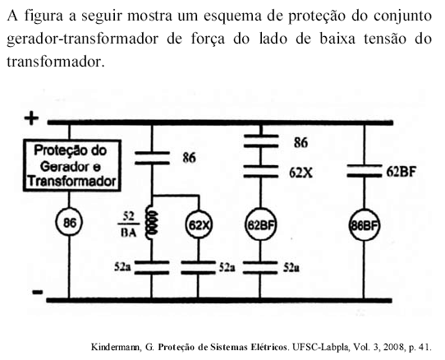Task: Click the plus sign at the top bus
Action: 31,118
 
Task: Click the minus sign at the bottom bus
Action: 38,292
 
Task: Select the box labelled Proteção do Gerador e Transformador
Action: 72,165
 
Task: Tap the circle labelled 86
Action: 69,223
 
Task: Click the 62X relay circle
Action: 199,225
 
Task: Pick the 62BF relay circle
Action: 260,224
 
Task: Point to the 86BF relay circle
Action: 364,225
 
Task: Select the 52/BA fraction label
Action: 129,224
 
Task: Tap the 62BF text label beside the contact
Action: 401,171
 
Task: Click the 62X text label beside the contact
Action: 300,173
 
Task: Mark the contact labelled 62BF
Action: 364,170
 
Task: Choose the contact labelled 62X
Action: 260,171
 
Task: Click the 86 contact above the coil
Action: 152,158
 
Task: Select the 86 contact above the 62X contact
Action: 261,141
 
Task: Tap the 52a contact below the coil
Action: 152,267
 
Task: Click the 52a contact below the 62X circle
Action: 198,267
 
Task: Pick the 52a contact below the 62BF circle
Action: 260,268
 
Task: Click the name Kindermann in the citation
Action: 115,347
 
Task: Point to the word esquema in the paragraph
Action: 232,16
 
